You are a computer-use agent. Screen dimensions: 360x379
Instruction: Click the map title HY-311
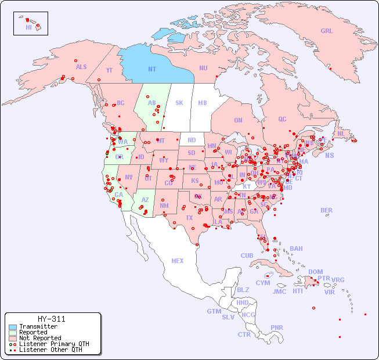click(51, 319)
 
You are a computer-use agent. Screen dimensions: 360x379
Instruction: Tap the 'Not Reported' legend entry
click(39, 338)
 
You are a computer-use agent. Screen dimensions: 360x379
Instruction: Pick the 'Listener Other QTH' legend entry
click(50, 350)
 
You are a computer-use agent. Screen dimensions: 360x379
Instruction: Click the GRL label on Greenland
click(327, 31)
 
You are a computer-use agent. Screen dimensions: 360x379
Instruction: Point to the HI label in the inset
click(28, 27)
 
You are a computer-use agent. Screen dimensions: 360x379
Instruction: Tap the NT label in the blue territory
click(151, 69)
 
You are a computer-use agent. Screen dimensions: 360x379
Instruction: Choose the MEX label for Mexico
click(177, 261)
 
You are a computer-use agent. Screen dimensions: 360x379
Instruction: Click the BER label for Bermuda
click(326, 210)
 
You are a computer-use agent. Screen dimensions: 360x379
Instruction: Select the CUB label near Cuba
click(247, 255)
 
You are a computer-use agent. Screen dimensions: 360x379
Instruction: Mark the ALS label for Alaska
click(81, 67)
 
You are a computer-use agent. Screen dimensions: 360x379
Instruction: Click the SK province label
click(179, 103)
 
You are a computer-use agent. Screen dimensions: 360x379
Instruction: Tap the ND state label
click(192, 140)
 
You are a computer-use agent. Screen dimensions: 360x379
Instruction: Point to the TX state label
click(189, 218)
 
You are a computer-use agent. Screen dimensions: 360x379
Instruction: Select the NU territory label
click(203, 68)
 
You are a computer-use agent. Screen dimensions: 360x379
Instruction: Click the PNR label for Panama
click(277, 327)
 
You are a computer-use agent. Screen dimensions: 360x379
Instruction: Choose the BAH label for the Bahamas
click(296, 249)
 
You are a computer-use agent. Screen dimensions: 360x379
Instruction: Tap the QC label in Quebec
click(282, 119)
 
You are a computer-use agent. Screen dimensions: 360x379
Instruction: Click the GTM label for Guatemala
click(214, 311)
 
